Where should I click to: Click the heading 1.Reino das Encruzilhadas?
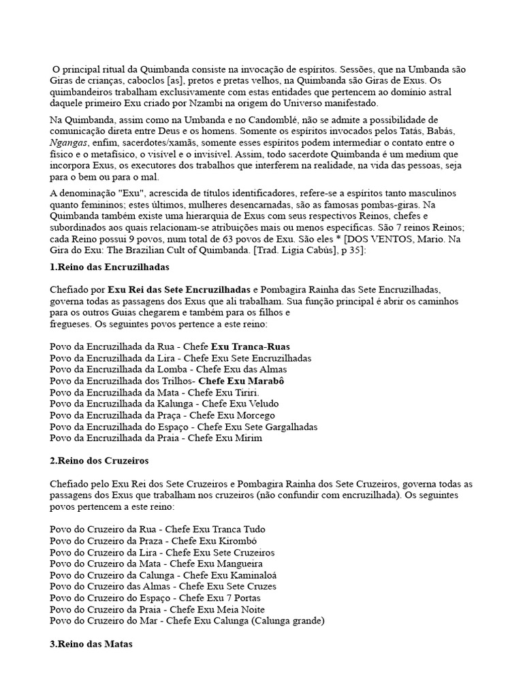[x=109, y=266]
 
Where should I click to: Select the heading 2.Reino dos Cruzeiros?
[x=99, y=461]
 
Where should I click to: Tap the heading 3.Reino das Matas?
[x=91, y=644]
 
